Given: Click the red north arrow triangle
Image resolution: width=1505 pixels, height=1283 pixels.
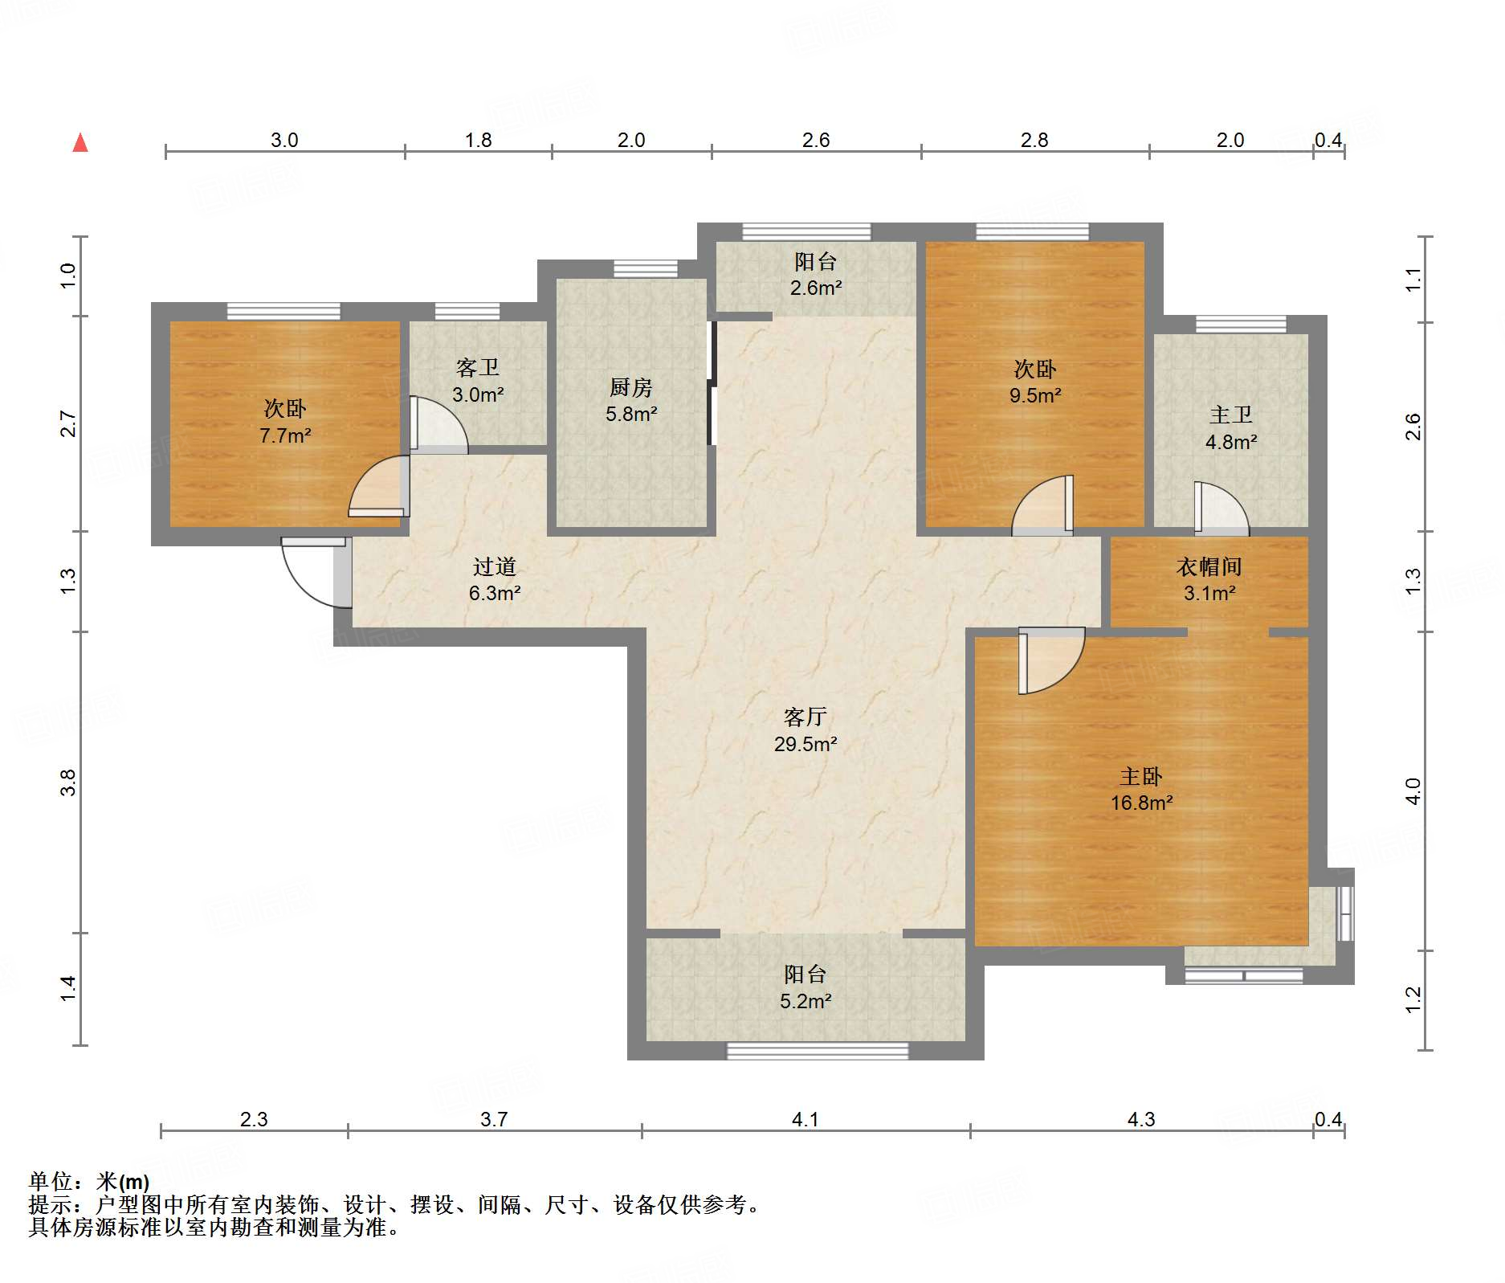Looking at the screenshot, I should click(80, 143).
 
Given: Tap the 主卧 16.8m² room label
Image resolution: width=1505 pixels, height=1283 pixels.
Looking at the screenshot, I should click(1141, 789).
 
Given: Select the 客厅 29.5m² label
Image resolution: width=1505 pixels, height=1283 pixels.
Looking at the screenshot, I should click(806, 729).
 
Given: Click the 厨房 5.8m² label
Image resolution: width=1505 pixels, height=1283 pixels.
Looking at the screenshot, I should click(631, 400).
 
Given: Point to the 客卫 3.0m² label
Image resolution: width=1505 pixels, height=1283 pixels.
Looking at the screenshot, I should click(478, 381).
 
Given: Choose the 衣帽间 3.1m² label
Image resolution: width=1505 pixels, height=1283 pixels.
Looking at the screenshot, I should click(1209, 579).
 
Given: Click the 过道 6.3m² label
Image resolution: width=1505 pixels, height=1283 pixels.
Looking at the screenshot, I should click(495, 579).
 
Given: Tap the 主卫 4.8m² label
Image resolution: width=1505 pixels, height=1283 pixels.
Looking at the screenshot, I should click(1231, 427).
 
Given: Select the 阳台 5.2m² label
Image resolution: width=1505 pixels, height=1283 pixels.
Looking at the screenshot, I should click(806, 987).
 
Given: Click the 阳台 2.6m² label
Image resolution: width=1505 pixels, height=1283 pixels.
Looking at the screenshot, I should click(816, 274).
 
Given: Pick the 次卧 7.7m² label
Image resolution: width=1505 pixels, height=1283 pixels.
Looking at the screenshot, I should click(285, 422).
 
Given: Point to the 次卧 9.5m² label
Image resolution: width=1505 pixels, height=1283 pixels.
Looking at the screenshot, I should click(1035, 382).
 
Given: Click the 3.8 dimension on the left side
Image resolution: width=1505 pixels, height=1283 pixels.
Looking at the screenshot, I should click(69, 782).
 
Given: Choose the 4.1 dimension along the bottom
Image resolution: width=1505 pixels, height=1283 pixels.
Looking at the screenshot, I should click(806, 1119).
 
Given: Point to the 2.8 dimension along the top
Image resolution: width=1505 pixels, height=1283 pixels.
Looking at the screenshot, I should click(1034, 141).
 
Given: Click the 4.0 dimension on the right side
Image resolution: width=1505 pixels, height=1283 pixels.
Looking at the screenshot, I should click(1413, 791).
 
